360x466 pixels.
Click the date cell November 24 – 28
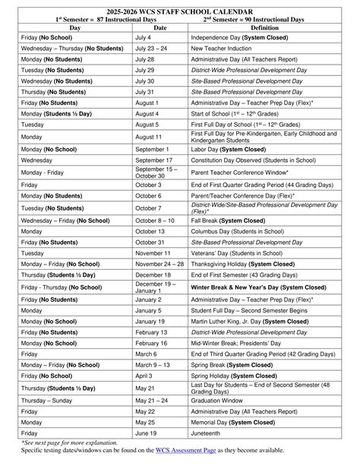click(159, 264)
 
